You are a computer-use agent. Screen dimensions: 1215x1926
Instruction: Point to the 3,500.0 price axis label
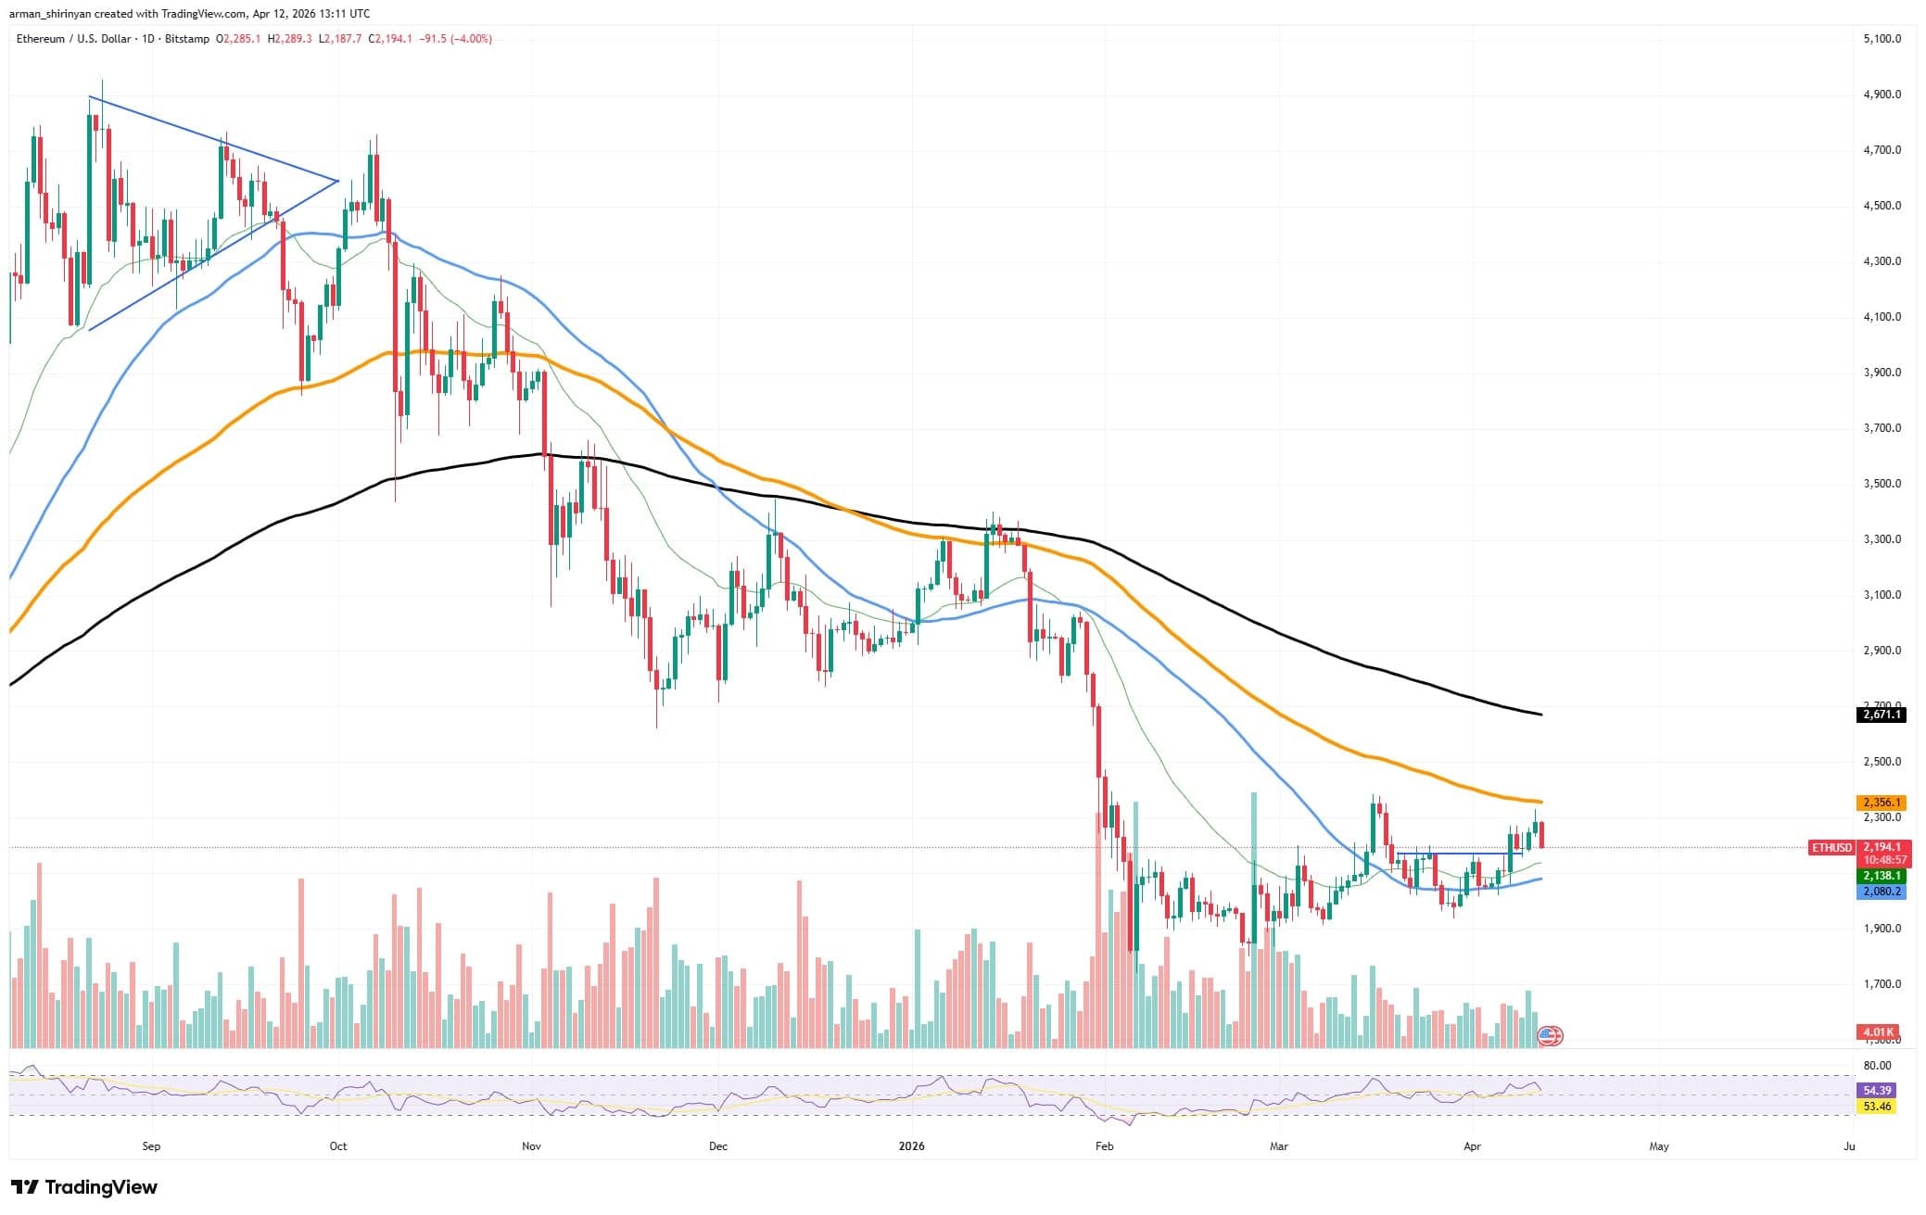point(1882,484)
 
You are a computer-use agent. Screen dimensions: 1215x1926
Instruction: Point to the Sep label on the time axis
point(151,1146)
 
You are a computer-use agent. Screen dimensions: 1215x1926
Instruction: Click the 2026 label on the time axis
point(912,1146)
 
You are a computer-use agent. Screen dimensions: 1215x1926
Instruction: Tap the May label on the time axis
point(1659,1146)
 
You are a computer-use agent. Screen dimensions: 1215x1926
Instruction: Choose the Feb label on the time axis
point(1104,1146)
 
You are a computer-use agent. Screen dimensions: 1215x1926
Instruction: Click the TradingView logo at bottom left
point(84,1187)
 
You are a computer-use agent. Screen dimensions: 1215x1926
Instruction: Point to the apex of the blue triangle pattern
point(338,180)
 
